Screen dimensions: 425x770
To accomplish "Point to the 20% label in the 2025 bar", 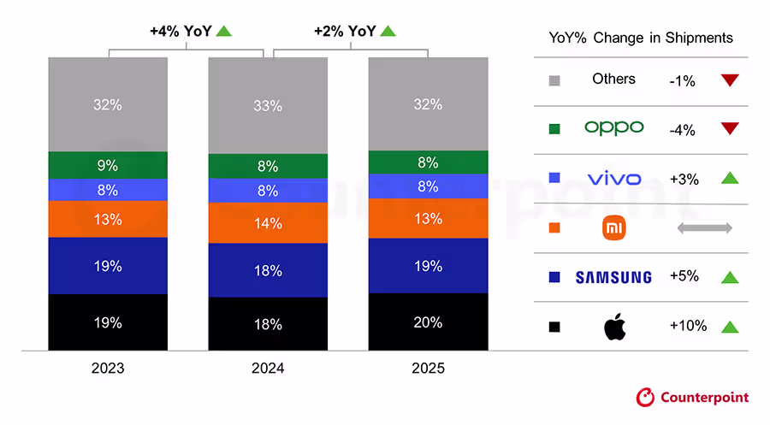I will pos(428,322).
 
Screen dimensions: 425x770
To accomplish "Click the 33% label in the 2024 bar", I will pos(268,105).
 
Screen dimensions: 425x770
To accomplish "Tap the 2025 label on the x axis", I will pos(428,369).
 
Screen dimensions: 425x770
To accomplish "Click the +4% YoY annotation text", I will pos(179,32).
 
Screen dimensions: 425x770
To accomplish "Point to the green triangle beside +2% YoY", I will pos(388,32).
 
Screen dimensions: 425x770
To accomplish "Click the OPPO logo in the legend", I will pos(613,127).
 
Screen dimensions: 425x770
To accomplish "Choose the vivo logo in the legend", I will pos(613,178).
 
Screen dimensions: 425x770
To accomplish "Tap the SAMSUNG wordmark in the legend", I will pos(613,277).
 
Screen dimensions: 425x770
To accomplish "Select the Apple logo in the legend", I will pos(614,326).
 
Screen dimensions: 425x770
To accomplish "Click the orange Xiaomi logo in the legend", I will pos(614,227).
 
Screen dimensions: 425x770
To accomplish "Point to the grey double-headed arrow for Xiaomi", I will pos(705,228).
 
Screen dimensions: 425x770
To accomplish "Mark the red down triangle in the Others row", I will pos(729,80).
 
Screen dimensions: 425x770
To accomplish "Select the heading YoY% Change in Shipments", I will pos(640,38).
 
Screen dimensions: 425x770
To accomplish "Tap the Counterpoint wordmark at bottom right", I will pos(704,397).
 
